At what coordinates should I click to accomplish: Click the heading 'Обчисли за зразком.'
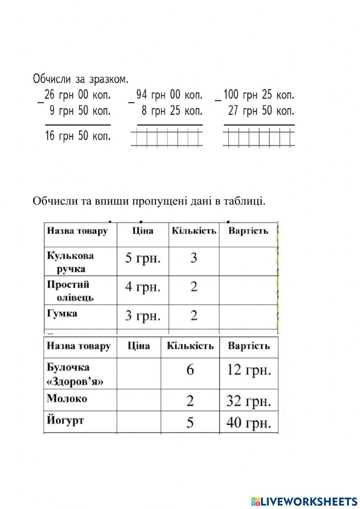coord(80,79)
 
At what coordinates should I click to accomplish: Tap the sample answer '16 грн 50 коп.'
coord(78,136)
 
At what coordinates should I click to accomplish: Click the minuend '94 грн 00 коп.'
coord(169,95)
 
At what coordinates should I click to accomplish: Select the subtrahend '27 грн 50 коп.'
coord(261,111)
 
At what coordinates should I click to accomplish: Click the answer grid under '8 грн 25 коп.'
coord(167,139)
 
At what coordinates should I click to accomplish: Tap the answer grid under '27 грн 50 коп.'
coord(258,139)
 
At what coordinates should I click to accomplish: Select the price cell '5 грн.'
coord(143,258)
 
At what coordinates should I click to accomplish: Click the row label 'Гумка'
coord(62,313)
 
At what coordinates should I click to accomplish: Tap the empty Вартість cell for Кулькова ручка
coord(248,261)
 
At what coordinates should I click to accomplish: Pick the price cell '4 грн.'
coord(143,287)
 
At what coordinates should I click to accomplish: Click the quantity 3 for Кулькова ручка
coord(194,258)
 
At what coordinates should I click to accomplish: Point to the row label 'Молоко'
coord(67,398)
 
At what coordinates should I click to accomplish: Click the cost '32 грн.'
coord(248,401)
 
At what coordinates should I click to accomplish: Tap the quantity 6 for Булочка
coord(190,370)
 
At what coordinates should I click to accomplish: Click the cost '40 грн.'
coord(248,423)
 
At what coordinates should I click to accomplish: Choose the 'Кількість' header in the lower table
coord(190,346)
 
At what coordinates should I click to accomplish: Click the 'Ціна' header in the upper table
coord(143,231)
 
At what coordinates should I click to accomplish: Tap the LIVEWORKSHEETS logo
coord(304,501)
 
